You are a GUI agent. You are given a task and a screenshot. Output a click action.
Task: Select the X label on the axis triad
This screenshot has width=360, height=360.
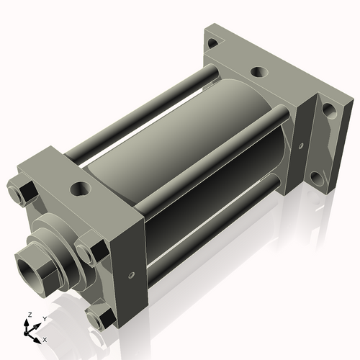coord(45,338)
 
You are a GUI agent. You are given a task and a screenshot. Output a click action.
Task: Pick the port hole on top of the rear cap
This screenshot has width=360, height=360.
coord(258,73)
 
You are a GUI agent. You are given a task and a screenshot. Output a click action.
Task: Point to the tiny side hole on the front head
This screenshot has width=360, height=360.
coord(131,274)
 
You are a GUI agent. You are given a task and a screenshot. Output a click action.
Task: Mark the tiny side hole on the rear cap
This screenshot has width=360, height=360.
coord(297,145)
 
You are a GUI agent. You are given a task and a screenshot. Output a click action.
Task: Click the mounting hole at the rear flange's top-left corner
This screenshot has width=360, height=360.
coord(212,44)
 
